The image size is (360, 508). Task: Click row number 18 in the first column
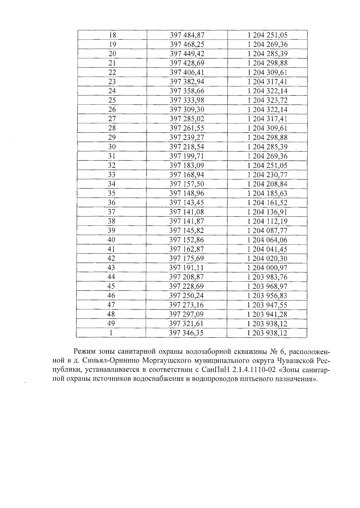112,35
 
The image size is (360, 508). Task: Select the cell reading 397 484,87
187,35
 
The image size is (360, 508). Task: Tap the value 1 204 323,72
267,100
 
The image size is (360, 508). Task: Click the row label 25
112,100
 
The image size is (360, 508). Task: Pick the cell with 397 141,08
187,212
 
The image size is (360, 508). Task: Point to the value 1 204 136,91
267,212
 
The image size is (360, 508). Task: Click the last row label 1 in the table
111,333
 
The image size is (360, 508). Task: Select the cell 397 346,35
186,333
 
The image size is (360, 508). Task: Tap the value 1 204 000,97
267,268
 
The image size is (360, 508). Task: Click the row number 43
111,268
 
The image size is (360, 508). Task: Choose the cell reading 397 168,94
187,175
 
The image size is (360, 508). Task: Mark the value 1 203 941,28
267,314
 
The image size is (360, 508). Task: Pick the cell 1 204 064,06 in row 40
267,240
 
